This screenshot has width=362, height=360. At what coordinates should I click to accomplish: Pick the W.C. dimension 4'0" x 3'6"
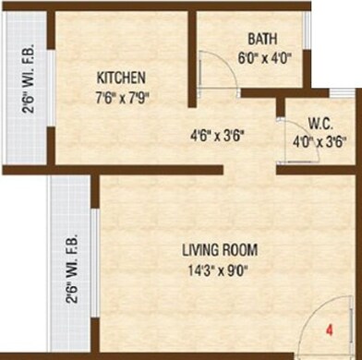(x=320, y=143)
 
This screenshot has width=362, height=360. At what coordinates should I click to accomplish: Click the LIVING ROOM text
(x=219, y=250)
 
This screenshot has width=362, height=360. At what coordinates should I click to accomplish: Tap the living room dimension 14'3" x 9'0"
(x=219, y=270)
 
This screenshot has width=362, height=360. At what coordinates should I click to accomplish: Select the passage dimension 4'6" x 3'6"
(x=216, y=143)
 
